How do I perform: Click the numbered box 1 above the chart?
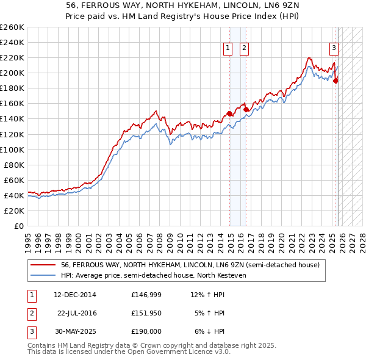click(228, 48)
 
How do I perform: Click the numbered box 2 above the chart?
click(243, 48)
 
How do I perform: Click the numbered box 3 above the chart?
click(334, 48)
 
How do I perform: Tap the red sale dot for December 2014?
click(229, 113)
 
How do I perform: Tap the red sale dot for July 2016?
click(246, 110)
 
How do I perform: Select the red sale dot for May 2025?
click(335, 80)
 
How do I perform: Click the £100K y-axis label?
click(12, 149)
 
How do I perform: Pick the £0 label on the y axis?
click(18, 226)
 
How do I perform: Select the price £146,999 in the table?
click(146, 295)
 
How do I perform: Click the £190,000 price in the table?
click(146, 331)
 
